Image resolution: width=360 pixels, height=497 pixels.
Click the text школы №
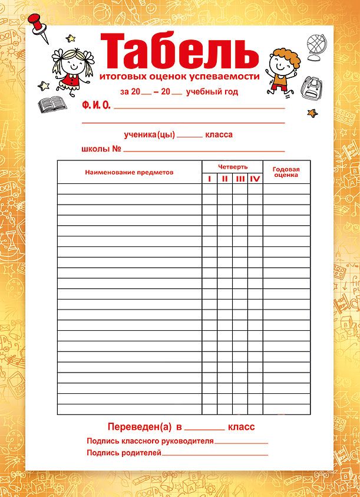(x=101, y=149)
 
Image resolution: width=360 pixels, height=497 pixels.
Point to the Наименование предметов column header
(x=129, y=172)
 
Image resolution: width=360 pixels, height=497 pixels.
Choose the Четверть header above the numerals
(x=232, y=167)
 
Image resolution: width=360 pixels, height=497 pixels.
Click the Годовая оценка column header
(x=286, y=172)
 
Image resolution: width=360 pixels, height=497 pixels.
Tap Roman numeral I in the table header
(x=210, y=179)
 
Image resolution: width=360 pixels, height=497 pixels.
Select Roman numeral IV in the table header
(x=255, y=179)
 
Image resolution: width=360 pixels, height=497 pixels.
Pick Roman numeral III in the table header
(x=240, y=179)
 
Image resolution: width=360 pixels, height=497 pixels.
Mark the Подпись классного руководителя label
(x=150, y=441)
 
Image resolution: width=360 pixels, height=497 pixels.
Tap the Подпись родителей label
(x=124, y=453)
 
